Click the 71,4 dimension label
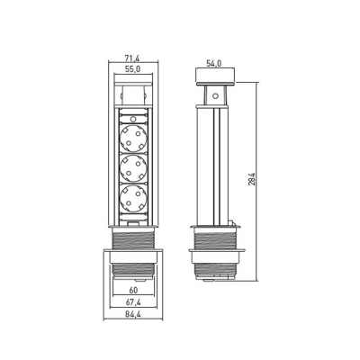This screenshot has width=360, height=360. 132,58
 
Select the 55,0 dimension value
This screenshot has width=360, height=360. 132,69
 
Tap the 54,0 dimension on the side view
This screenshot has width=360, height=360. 213,63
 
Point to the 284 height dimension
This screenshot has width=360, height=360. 252,179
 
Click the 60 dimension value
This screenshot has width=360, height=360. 133,291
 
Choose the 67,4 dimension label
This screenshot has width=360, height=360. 133,302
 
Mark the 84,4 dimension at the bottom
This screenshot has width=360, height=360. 133,314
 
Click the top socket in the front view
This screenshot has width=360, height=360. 133,139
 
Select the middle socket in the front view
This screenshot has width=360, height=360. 133,167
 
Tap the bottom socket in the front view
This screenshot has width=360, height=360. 133,197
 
